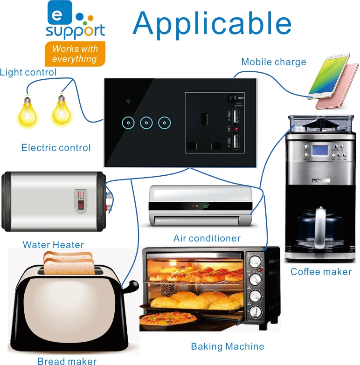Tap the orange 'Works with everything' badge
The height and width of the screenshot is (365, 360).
[75, 54]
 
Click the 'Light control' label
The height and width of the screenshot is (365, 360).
[28, 72]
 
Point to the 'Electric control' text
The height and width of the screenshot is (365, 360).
[56, 148]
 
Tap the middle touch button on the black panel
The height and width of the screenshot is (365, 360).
[146, 123]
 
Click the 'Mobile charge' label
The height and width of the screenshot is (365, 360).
[274, 62]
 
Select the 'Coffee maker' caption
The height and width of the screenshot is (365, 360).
[321, 272]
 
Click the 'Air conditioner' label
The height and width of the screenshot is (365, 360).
[207, 238]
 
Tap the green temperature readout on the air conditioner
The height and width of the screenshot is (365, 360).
[205, 206]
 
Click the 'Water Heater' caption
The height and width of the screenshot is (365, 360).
[53, 245]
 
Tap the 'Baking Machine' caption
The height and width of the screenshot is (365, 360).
[228, 346]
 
